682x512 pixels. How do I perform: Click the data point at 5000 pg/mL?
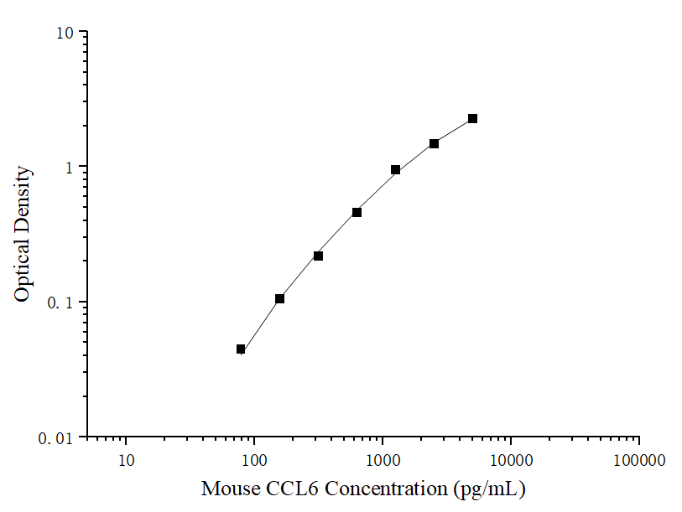(472, 119)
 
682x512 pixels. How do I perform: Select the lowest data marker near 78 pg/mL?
(241, 349)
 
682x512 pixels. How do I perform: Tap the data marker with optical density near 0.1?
(279, 298)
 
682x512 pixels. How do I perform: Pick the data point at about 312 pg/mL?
(318, 256)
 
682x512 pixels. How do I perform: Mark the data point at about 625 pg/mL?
(357, 212)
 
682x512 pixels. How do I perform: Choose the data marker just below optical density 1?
(395, 170)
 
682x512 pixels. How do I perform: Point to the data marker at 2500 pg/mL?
(434, 143)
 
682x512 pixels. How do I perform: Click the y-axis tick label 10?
(65, 33)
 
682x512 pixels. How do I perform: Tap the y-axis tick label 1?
(70, 167)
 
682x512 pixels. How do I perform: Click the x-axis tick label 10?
(126, 460)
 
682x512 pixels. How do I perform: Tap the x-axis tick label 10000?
(511, 460)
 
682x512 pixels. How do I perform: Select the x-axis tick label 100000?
(639, 460)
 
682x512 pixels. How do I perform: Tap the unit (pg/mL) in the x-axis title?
(489, 488)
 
